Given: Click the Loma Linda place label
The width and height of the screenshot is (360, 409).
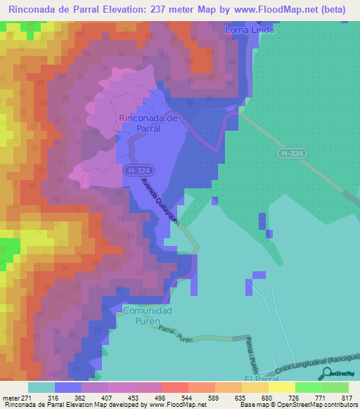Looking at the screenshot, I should click(249, 31).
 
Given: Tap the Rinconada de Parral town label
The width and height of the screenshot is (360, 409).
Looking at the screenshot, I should click(140, 124).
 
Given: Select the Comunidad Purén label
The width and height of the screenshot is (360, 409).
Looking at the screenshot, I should click(147, 316).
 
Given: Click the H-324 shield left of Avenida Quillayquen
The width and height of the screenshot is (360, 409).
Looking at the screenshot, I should click(136, 171).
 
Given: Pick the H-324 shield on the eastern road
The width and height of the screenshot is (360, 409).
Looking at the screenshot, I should click(290, 152).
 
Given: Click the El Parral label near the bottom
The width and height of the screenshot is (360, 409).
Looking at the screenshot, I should click(257, 379).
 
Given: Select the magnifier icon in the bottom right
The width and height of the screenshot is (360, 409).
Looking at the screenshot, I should click(326, 374).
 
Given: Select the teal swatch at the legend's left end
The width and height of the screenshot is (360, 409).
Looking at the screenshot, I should click(41, 387).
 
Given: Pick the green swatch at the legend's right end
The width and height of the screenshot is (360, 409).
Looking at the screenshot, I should click(335, 387).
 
